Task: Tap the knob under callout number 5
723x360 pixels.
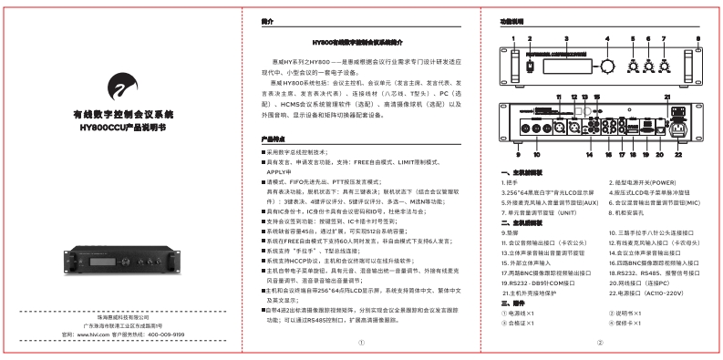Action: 628,67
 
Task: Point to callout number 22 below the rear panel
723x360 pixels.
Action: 675,155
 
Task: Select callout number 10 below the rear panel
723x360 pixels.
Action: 531,155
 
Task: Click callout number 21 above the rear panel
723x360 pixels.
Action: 667,96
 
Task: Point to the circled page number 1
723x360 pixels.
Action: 361,343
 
